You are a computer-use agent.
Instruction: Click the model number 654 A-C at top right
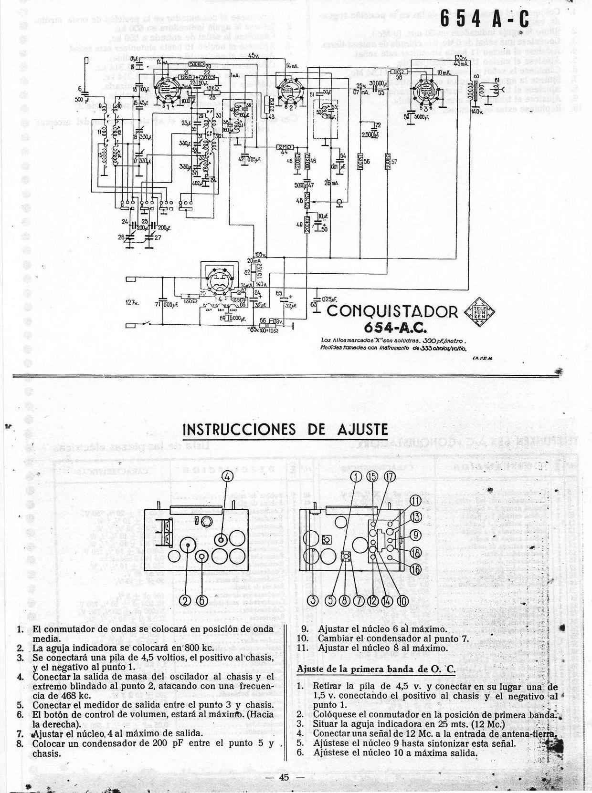(x=484, y=20)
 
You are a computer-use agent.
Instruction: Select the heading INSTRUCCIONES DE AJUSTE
(x=285, y=429)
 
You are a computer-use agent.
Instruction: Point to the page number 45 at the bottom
(x=285, y=777)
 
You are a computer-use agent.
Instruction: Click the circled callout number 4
(x=227, y=476)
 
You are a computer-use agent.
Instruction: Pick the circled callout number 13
(x=416, y=516)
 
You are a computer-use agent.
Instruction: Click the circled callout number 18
(x=415, y=552)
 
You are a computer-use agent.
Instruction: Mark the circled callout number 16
(x=415, y=569)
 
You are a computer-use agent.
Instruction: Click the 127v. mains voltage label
(x=132, y=302)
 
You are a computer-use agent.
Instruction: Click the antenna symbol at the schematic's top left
(x=86, y=72)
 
